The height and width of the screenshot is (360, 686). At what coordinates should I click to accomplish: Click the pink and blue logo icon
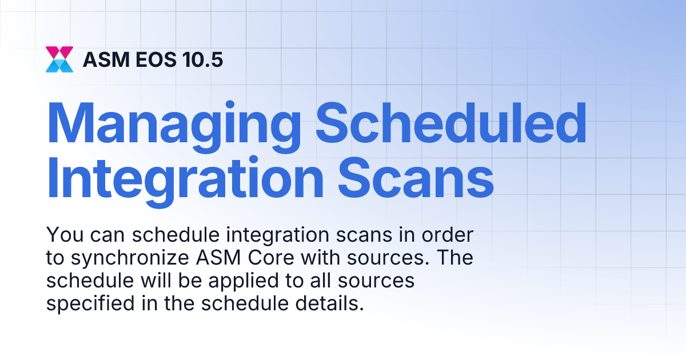[x=59, y=59]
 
